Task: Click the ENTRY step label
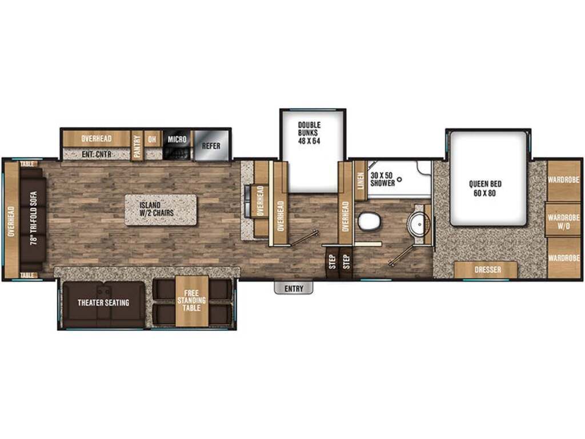pos(294,289)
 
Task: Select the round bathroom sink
pos(419,224)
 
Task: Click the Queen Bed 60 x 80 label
pos(485,188)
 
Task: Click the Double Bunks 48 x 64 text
pos(309,133)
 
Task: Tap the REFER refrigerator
pos(211,146)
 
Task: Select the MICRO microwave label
pos(177,139)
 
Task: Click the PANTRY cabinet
pos(137,146)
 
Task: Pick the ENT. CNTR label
pos(97,154)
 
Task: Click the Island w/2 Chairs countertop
pos(161,210)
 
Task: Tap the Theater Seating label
pos(103,302)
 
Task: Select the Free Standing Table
pos(192,301)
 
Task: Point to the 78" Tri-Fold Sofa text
pos(34,218)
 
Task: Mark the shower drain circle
pos(399,179)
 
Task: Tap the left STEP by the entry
pos(332,262)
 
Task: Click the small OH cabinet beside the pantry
pos(152,139)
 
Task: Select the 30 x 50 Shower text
pos(382,179)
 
